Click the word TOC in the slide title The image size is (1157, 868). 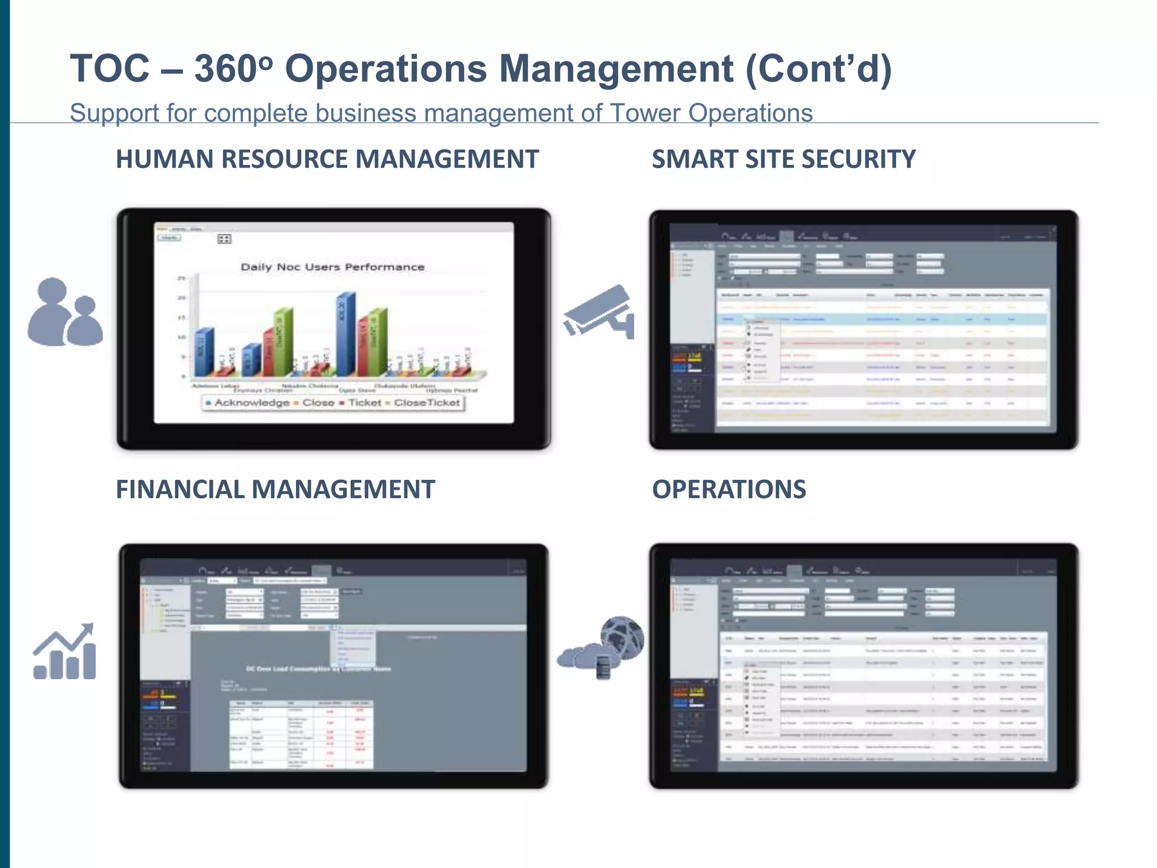pyautogui.click(x=110, y=68)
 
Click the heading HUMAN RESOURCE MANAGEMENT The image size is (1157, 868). pyautogui.click(x=327, y=159)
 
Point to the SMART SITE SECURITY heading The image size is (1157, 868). pyautogui.click(x=784, y=159)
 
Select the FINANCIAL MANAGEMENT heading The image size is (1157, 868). pyautogui.click(x=275, y=489)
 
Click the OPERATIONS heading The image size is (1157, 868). pyautogui.click(x=729, y=489)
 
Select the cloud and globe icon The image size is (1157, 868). pyautogui.click(x=601, y=647)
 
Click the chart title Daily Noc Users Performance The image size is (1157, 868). pyautogui.click(x=332, y=267)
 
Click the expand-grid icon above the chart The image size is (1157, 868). pyautogui.click(x=224, y=239)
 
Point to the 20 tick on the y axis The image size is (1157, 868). pyautogui.click(x=181, y=298)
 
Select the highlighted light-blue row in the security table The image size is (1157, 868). pyautogui.click(x=881, y=319)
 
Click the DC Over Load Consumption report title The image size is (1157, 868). pyautogui.click(x=318, y=669)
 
